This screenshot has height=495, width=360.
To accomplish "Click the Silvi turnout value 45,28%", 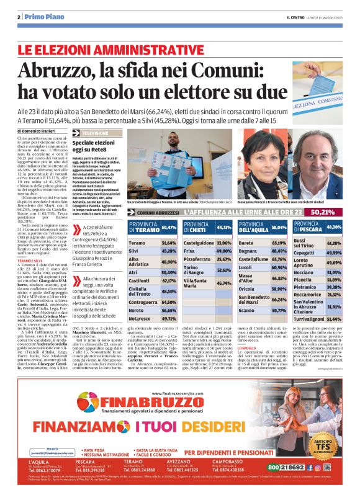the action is click(169, 251).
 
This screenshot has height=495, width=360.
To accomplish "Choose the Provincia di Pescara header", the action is click(307, 228).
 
